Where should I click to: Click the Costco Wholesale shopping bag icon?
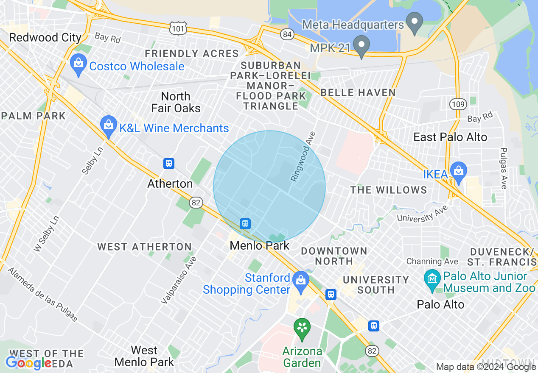(x=78, y=64)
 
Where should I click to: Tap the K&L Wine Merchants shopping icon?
(x=109, y=125)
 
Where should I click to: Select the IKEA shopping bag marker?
(x=459, y=172)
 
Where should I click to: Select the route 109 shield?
(x=459, y=104)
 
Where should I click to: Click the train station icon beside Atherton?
(x=169, y=163)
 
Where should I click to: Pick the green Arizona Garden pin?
(x=302, y=328)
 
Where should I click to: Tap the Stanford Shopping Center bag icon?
(x=301, y=281)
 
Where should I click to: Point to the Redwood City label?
(x=45, y=37)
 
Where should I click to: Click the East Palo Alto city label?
(x=450, y=137)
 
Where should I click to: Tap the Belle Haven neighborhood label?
(x=358, y=92)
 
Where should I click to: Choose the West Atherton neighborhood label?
(x=144, y=247)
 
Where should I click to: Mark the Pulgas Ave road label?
(x=504, y=168)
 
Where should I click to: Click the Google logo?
(x=28, y=363)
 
